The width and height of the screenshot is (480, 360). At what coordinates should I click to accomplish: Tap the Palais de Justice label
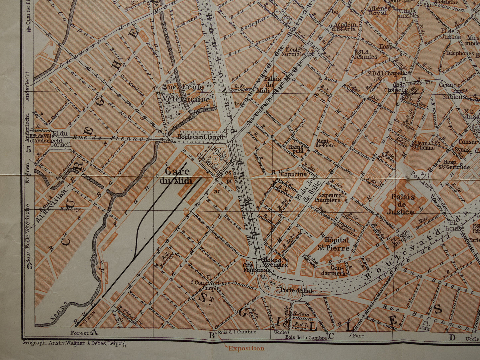point(403,204)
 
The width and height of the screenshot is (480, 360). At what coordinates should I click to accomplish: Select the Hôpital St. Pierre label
point(336,244)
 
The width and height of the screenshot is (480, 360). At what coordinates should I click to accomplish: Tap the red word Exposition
point(246,348)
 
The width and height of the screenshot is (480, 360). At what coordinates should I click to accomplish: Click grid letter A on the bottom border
point(94,332)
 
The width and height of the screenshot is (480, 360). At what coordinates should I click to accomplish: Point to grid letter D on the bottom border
point(452,338)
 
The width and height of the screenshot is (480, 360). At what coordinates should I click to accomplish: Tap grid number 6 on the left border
point(29,266)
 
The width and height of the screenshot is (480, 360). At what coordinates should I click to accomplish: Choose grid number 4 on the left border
point(29,29)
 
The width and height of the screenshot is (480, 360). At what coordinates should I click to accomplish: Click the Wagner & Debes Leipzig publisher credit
point(74,343)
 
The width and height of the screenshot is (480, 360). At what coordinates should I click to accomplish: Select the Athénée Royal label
point(378,10)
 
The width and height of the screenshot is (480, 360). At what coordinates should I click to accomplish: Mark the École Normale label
point(293,51)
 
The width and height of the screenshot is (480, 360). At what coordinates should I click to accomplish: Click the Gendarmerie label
point(334,270)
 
